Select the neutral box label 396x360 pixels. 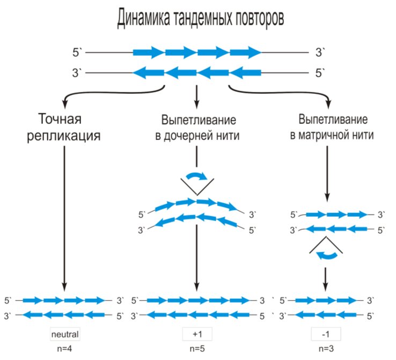click(64, 334)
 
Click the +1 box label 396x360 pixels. click(197, 334)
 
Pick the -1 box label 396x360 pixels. click(326, 334)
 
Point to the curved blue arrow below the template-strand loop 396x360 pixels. click(326, 256)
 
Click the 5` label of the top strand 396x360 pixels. click(78, 53)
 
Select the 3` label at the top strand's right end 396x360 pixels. click(320, 53)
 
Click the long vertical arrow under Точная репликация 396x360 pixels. click(64, 215)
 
